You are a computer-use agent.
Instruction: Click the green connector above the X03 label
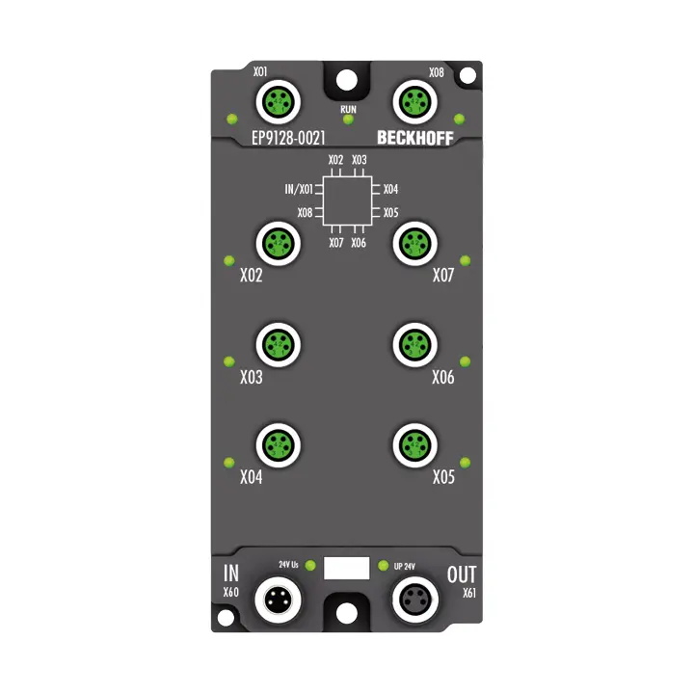(279, 342)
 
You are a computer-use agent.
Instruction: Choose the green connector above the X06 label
(415, 342)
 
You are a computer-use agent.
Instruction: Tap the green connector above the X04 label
(279, 443)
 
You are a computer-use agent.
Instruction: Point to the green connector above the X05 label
(415, 443)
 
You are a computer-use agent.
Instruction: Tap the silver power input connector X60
(279, 601)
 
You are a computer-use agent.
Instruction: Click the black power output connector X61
(415, 601)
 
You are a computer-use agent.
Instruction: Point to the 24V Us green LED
(309, 565)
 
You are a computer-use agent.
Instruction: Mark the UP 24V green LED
(384, 565)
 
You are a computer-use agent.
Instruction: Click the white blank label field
(347, 568)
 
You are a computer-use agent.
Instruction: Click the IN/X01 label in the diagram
(299, 189)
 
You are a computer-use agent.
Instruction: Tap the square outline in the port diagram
(347, 200)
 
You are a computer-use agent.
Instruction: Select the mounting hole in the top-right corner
(467, 74)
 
